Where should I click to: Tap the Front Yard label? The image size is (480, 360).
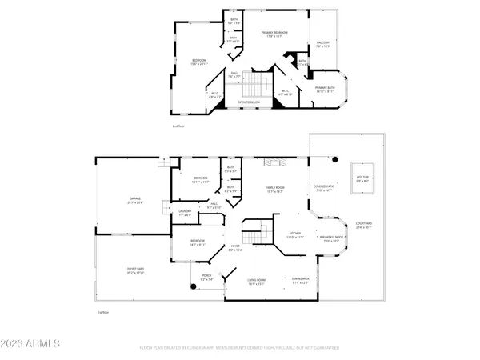point(134,272)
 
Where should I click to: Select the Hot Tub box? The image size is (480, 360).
point(362,179)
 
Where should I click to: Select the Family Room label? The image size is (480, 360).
point(275,189)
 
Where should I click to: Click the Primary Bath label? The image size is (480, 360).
point(325,90)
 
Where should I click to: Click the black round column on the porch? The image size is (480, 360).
point(193,286)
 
